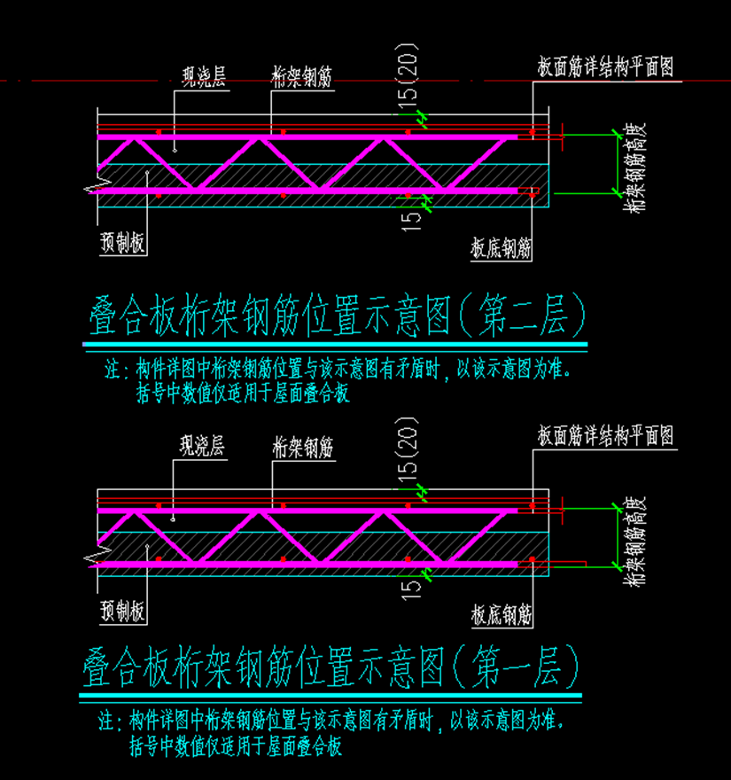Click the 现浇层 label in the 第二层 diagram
[x=203, y=76]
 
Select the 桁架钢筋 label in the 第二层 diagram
[x=302, y=76]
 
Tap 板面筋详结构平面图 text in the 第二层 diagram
[x=605, y=67]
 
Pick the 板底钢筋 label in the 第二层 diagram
[x=502, y=249]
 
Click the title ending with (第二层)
[x=338, y=316]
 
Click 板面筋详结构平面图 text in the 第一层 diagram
[x=605, y=436]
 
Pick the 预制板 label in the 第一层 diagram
[x=123, y=611]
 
